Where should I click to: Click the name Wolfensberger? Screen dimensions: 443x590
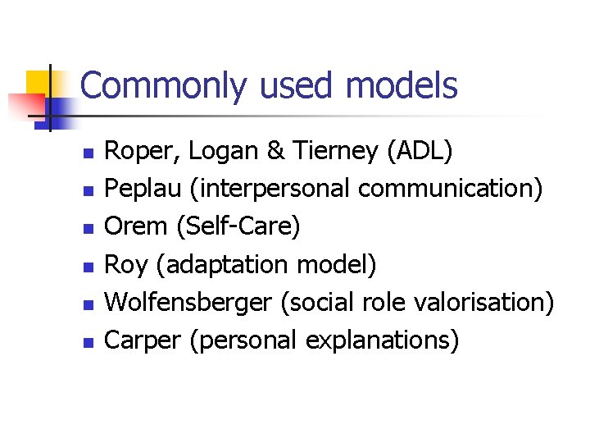[x=188, y=303]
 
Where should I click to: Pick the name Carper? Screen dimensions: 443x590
[x=143, y=340]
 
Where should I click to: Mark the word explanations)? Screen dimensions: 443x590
[x=382, y=340]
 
